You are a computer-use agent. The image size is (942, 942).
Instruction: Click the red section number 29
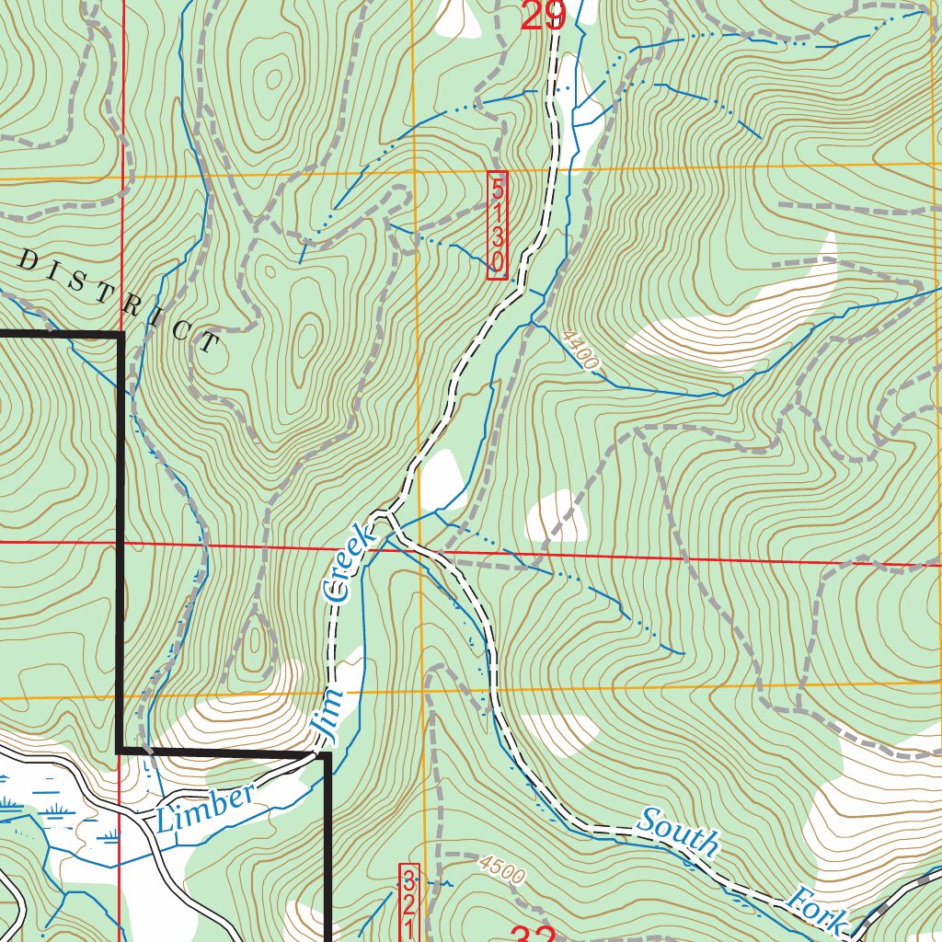point(542,16)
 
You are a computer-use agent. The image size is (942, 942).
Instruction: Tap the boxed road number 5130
point(497,224)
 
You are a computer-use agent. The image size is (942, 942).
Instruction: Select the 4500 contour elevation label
point(501,870)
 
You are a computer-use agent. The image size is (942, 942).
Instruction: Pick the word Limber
point(204,809)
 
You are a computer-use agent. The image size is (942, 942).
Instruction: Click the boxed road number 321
point(409,902)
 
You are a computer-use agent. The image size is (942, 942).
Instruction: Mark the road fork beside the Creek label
point(392,515)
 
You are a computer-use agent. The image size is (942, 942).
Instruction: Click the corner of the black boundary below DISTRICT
point(121,336)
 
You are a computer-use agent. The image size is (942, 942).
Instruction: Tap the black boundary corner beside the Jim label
point(326,754)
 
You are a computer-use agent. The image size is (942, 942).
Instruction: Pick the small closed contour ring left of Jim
point(258,643)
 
